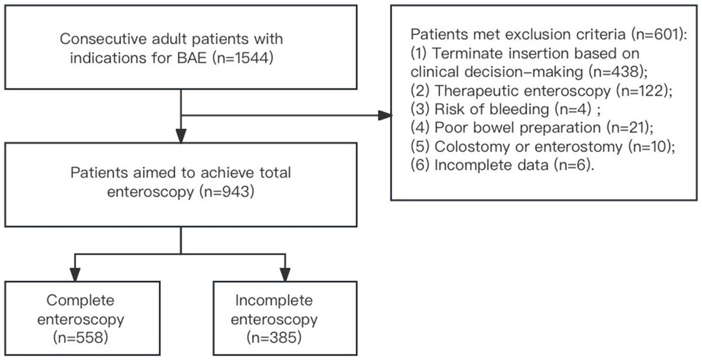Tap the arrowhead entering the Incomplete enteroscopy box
284,273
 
